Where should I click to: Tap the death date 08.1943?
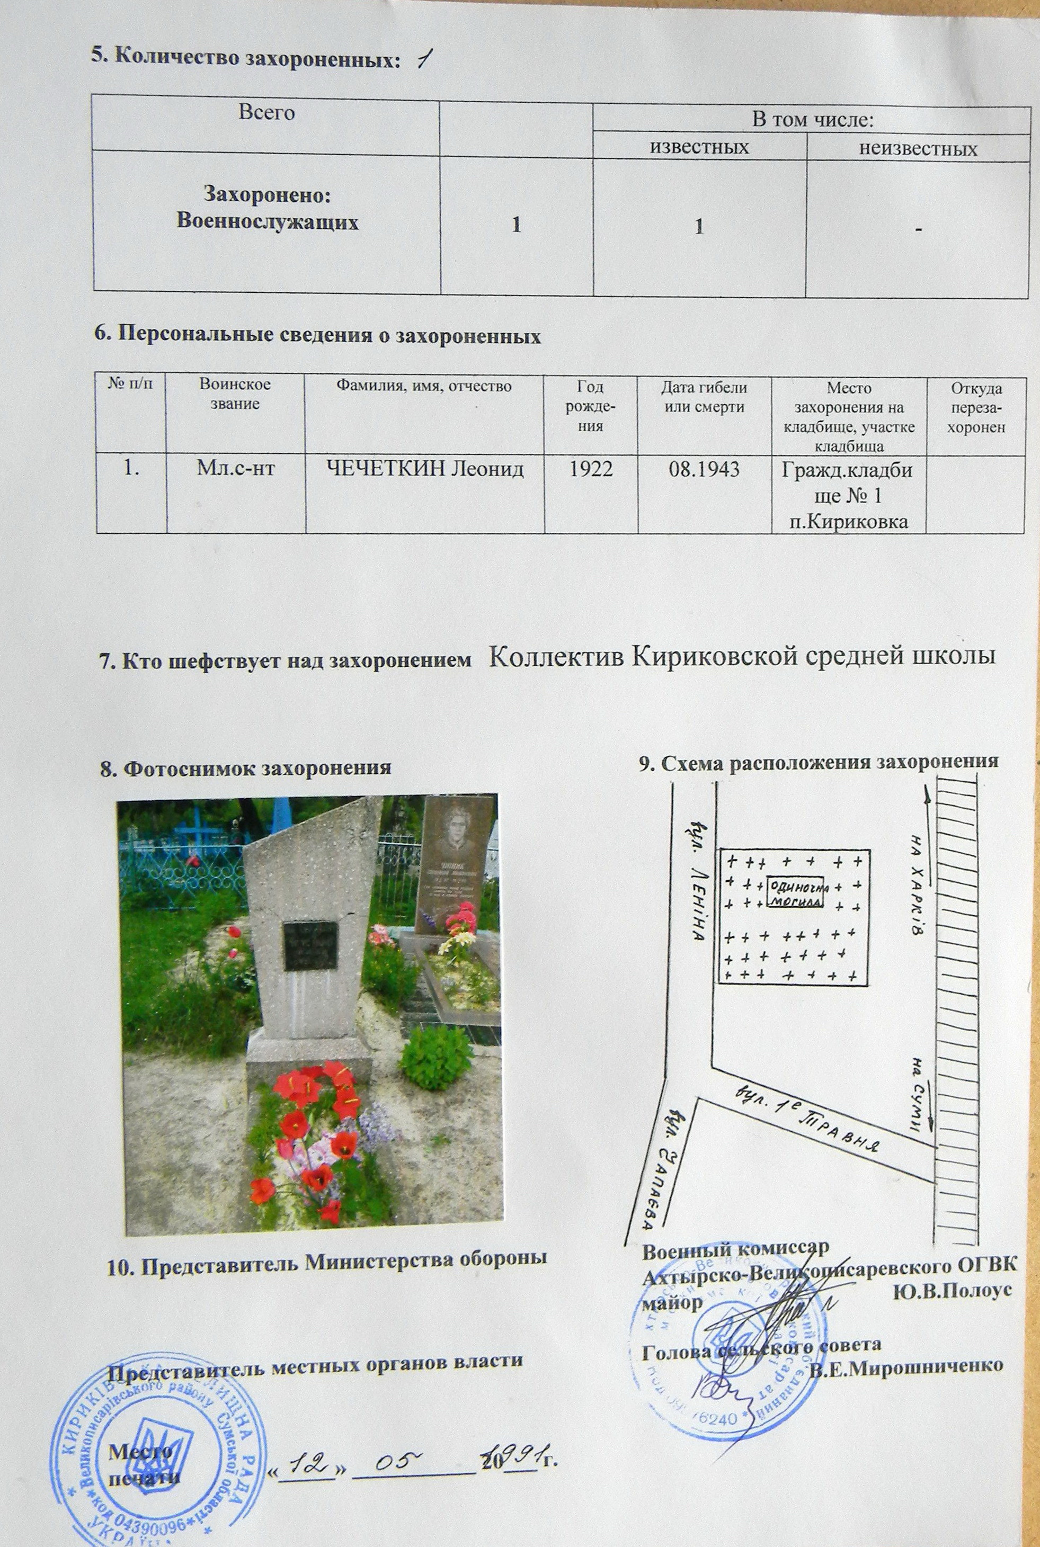(x=705, y=469)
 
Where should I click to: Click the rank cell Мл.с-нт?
(x=235, y=469)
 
